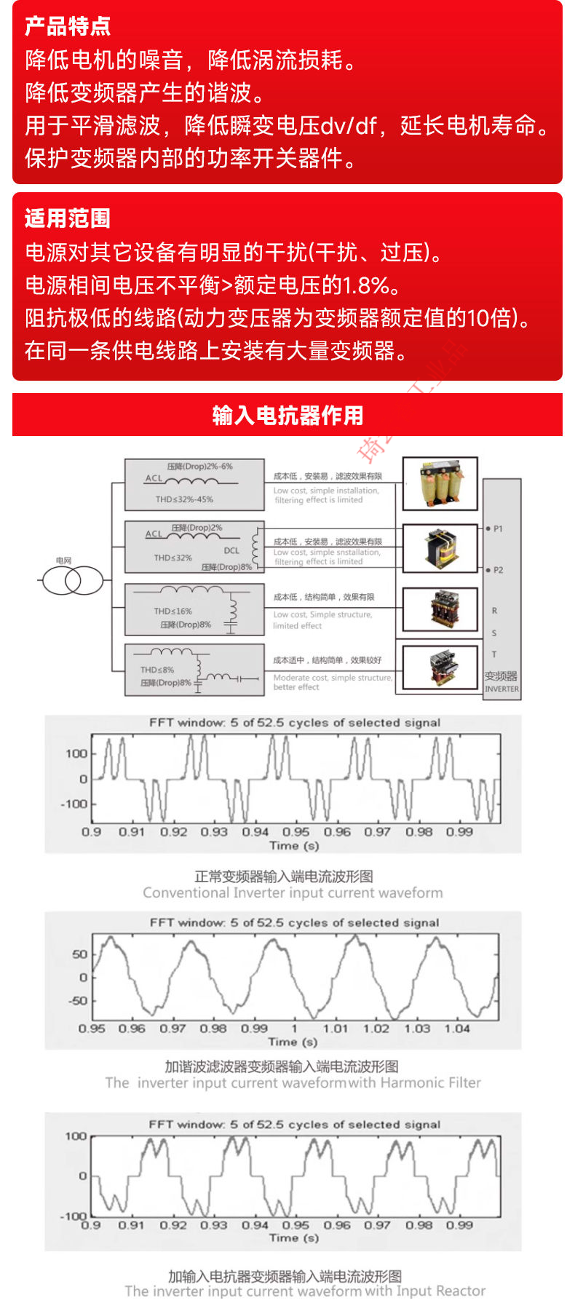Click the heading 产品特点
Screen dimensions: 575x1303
click(x=68, y=26)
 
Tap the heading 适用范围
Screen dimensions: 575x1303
click(x=68, y=218)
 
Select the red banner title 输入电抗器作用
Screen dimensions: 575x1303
click(x=287, y=415)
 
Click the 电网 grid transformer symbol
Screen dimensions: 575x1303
click(x=72, y=580)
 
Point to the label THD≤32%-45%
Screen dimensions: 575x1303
click(x=184, y=499)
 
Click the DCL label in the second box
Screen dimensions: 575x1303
click(x=231, y=550)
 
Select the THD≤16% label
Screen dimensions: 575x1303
click(x=173, y=611)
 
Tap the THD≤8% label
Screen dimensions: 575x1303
click(x=157, y=670)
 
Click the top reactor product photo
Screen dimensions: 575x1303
click(x=440, y=483)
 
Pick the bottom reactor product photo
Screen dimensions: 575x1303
click(x=440, y=668)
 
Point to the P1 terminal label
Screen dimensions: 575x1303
click(x=498, y=528)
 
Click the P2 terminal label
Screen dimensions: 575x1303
click(x=498, y=570)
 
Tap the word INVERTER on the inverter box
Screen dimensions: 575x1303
click(x=502, y=689)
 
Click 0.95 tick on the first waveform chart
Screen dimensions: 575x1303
click(x=296, y=831)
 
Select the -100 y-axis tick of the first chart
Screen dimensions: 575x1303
click(x=74, y=804)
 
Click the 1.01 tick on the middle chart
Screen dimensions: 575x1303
click(x=336, y=1029)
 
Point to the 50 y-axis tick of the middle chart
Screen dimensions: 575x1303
click(x=79, y=954)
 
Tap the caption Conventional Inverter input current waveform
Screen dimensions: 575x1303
click(x=293, y=892)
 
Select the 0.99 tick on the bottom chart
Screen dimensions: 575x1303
click(x=459, y=1225)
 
